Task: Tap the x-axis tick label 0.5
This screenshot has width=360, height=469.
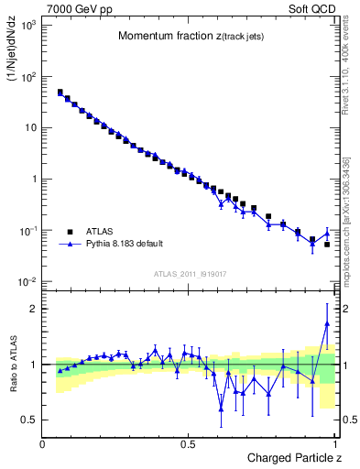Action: click(188, 443)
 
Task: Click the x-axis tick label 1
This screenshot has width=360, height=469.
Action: click(333, 443)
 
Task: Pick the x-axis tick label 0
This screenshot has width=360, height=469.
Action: click(43, 443)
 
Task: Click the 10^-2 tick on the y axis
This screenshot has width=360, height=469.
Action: click(28, 281)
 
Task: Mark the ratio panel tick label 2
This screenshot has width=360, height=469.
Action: click(36, 309)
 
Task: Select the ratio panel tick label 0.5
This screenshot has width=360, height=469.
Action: click(31, 420)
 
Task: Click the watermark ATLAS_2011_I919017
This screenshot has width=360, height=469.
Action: click(190, 273)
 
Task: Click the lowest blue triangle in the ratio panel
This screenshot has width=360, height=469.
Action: click(221, 409)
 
